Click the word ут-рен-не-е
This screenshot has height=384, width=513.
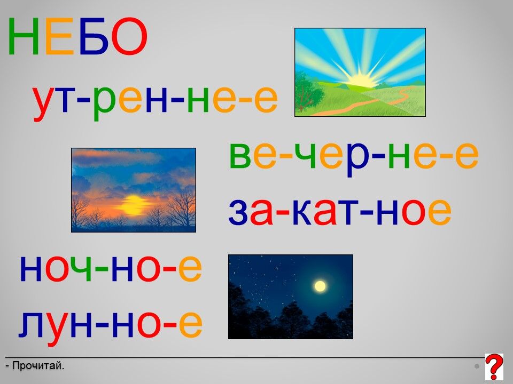coord(156,99)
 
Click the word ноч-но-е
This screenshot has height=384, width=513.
coord(111,268)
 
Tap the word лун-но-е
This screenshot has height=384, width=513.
coord(110,324)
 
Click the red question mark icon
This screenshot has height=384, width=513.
coord(494,366)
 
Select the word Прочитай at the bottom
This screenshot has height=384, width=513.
coord(38,366)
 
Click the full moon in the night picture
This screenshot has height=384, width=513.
coord(320,286)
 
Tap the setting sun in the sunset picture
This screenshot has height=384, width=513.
coord(134,205)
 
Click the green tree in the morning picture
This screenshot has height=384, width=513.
coord(308,92)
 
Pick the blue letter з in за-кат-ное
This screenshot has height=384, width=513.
coord(238,212)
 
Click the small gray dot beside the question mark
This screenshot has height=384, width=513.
coord(477,366)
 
